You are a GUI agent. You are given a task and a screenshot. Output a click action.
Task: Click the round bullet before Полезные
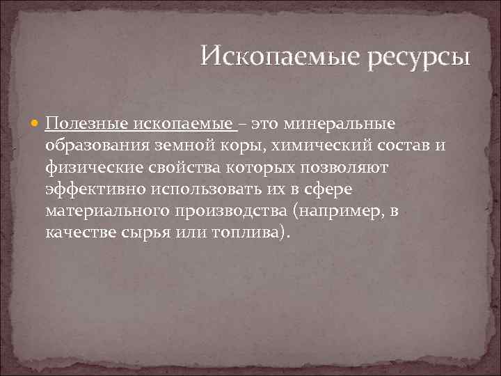(x=36, y=125)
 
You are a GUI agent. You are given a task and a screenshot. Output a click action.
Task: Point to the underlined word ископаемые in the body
(x=193, y=124)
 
